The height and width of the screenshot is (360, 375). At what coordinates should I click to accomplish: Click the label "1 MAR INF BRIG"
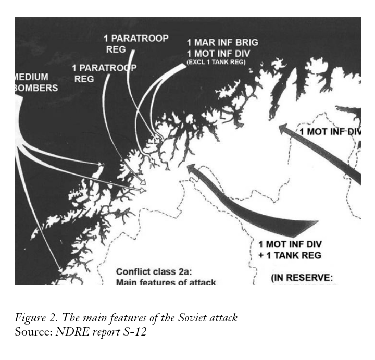(x=222, y=42)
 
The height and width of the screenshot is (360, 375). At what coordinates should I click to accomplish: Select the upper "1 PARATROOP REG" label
(x=135, y=44)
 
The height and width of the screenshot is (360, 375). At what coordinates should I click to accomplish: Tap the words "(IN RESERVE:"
(x=302, y=278)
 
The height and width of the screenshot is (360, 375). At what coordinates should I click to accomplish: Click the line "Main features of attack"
(x=166, y=283)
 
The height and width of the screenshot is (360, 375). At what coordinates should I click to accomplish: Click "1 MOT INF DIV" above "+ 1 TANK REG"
(x=290, y=244)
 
